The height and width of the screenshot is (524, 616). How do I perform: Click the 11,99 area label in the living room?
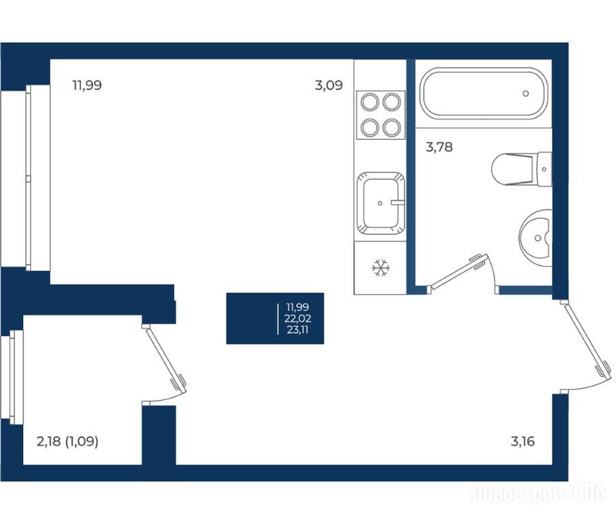click(x=87, y=85)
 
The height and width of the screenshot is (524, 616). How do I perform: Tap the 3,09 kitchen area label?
click(x=329, y=85)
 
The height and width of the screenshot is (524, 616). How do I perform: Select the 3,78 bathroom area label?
click(x=439, y=147)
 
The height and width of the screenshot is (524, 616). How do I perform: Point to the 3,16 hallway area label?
click(x=523, y=441)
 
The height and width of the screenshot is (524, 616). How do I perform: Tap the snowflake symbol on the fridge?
click(x=381, y=268)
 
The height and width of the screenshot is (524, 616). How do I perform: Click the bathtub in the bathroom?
click(x=484, y=93)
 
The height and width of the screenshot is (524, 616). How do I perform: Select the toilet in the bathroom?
click(x=522, y=169)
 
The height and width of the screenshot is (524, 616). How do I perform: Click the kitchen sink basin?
click(x=381, y=203)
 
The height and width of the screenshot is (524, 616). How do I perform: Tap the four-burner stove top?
click(x=381, y=115)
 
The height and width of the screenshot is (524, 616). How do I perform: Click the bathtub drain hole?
click(x=526, y=93)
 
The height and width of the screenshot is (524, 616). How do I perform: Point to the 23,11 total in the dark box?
click(x=297, y=330)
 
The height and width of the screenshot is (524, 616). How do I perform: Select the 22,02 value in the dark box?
click(x=298, y=319)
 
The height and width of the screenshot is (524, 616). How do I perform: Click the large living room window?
click(x=38, y=178)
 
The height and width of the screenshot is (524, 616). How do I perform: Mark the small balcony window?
click(x=16, y=377)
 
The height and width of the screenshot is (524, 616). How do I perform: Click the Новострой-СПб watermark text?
click(x=538, y=493)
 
